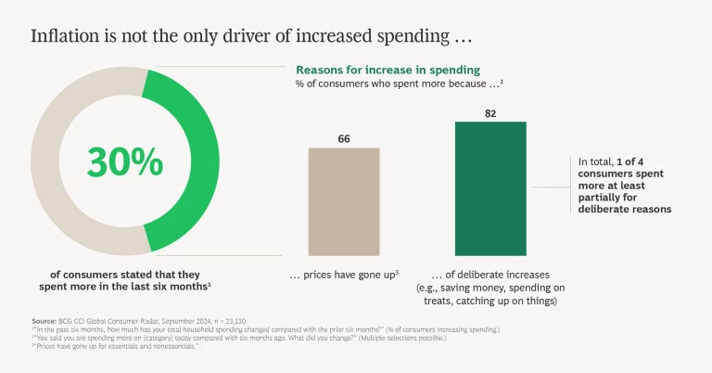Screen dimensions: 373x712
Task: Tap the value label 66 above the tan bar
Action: point(343,139)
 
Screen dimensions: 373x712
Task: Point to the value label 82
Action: point(490,113)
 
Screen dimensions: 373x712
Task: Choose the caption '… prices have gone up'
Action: point(342,275)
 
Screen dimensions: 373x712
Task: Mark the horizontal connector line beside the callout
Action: point(550,186)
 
